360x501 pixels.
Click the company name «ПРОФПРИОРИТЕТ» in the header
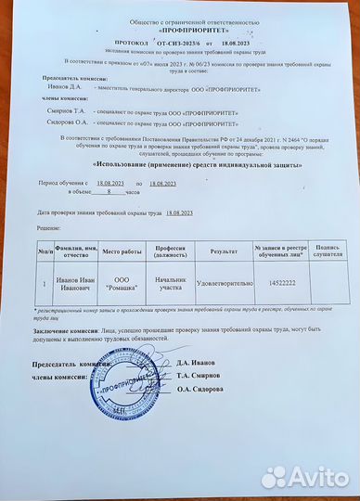click(x=179, y=31)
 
